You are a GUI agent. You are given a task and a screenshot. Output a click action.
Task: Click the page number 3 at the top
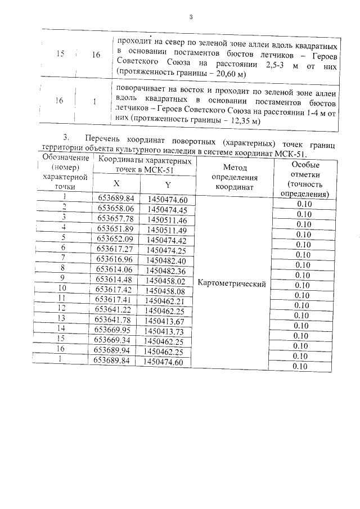[x=191, y=17]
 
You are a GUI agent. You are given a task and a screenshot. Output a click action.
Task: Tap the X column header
[x=116, y=183]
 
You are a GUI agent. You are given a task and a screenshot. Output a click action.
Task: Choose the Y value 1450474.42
[x=167, y=240]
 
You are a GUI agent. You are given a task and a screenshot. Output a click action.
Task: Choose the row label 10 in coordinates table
[x=64, y=289]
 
